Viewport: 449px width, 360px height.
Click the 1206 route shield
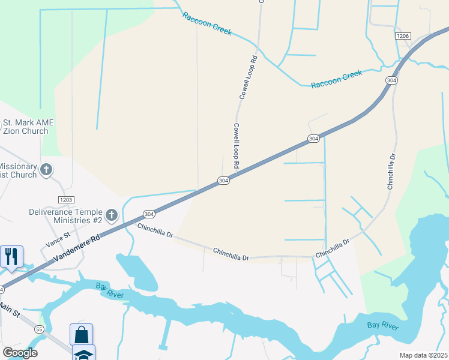click(x=403, y=37)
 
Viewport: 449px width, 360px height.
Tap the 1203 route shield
click(x=66, y=199)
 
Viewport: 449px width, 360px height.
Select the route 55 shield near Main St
click(x=39, y=329)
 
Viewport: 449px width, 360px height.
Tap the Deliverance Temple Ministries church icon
click(x=111, y=215)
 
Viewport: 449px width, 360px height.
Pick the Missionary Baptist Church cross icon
click(x=46, y=170)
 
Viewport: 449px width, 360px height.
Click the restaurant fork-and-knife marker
click(x=12, y=257)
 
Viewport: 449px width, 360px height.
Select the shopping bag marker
click(x=81, y=334)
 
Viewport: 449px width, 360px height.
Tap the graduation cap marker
click(x=83, y=353)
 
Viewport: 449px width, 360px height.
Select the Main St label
click(x=10, y=311)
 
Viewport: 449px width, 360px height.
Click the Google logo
click(x=20, y=353)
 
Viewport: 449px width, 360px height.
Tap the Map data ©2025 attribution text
click(x=424, y=355)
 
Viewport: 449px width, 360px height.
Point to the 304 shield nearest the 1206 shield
click(x=391, y=80)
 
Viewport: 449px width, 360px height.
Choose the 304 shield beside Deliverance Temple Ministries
click(x=149, y=214)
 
